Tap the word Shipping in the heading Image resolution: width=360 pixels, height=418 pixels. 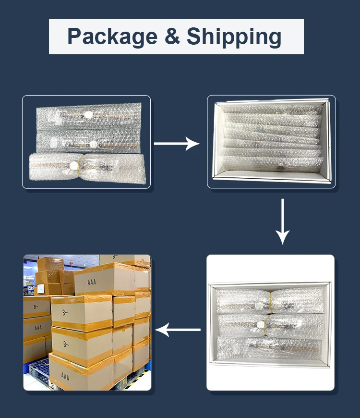point(234,37)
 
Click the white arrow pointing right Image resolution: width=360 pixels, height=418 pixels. point(177,143)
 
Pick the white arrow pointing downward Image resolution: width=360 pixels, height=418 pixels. point(283,221)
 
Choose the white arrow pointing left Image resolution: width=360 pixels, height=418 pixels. point(178,330)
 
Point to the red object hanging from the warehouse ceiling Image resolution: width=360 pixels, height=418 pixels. point(70,263)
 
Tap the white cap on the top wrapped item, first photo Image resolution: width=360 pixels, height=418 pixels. point(88,115)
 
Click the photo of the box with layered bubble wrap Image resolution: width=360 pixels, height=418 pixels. point(271,141)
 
